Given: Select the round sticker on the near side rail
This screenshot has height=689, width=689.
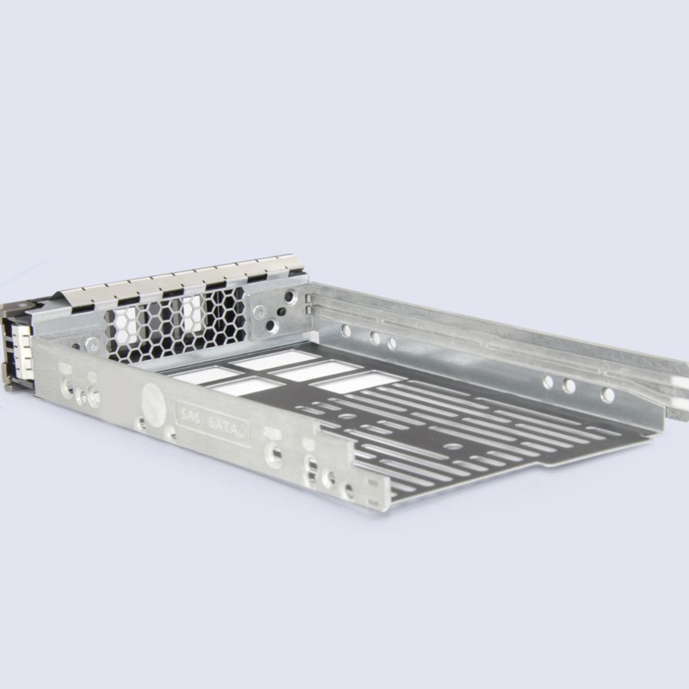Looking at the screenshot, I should (x=153, y=401).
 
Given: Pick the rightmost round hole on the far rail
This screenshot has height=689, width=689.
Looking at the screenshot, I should (x=608, y=394).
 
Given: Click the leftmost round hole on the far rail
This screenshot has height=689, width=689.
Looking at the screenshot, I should (x=345, y=331).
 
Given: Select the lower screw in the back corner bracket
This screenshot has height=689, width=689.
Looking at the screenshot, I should (x=272, y=325).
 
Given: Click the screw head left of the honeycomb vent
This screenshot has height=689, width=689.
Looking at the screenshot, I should (x=92, y=344).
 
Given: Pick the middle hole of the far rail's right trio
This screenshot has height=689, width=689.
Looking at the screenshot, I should (x=569, y=386).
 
